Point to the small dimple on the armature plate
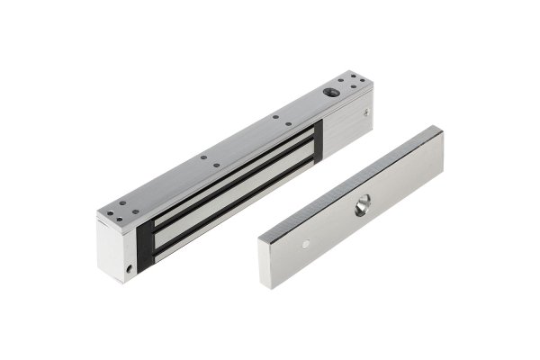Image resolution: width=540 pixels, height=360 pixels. (x=307, y=243)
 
